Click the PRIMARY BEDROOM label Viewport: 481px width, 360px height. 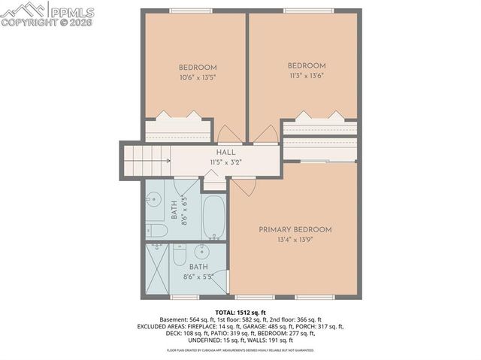point(295,229)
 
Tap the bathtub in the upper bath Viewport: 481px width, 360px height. point(213,218)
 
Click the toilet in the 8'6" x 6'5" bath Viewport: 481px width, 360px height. point(156,229)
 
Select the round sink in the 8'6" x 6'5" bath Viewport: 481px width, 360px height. point(154,200)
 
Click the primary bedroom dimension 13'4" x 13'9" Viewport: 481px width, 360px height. point(295,241)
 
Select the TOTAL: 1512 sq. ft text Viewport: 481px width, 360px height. point(240,311)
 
